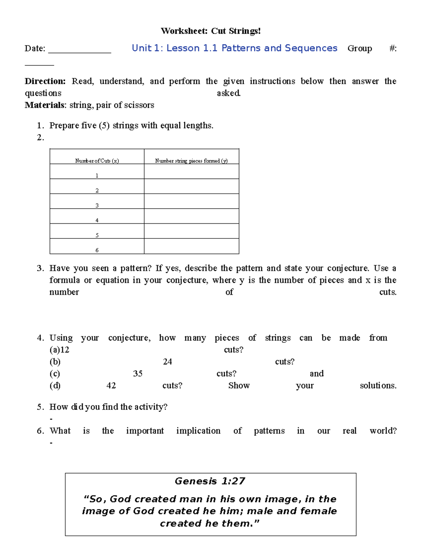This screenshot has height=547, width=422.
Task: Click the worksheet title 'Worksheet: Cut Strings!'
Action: click(211, 31)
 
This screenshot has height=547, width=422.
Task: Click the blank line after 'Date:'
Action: click(79, 49)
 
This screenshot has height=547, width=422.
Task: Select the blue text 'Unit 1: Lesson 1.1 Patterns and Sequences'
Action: click(234, 48)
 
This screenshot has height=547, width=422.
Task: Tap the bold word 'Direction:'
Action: click(45, 81)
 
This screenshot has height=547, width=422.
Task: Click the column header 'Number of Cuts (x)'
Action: click(97, 161)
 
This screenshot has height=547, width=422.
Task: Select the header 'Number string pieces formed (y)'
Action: click(191, 161)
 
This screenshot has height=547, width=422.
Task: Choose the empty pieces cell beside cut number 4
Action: click(191, 216)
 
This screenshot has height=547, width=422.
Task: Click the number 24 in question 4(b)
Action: click(167, 362)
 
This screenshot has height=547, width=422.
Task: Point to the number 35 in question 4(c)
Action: click(138, 374)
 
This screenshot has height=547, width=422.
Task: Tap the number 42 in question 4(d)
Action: click(111, 386)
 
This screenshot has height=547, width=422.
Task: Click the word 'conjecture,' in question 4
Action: click(129, 338)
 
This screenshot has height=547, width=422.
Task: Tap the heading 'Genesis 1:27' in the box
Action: click(210, 481)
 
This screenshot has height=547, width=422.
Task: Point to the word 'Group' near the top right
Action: click(359, 48)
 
